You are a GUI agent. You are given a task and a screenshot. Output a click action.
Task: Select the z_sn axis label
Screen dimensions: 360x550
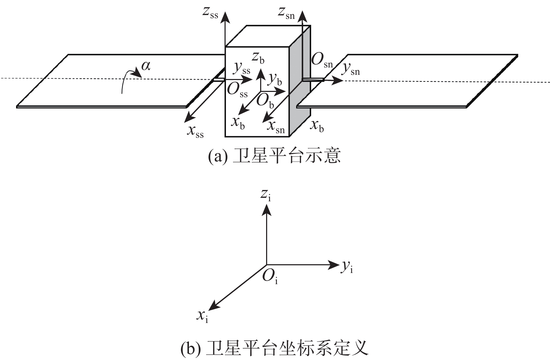pos(286,13)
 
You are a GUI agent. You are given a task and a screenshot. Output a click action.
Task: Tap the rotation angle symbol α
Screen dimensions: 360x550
pos(146,65)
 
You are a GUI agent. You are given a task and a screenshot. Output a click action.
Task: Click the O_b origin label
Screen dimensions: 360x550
pos(265,101)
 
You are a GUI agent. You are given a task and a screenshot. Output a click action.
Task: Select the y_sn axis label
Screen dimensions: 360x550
pos(350,70)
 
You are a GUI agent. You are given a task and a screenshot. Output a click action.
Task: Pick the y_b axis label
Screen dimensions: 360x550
pos(275,80)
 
